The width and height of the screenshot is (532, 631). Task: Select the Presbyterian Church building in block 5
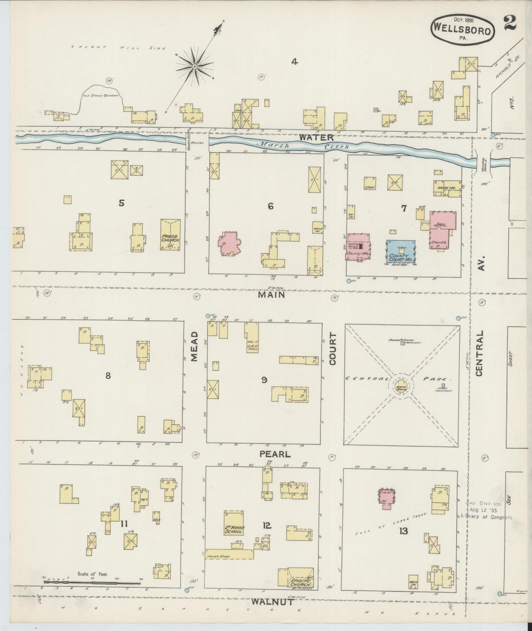pos(170,235)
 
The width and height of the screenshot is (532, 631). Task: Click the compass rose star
pos(194,67)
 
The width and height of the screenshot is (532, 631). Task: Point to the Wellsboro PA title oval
pos(462,31)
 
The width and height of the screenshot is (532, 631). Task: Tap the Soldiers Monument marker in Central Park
pos(402,343)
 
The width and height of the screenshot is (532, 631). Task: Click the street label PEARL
pos(275,454)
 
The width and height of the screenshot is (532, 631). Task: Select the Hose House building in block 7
pos(447,187)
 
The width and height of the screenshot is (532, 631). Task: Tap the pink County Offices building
pos(359,247)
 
